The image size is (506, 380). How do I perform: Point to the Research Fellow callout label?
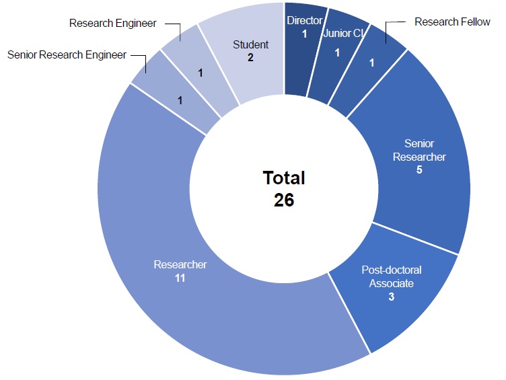click(x=452, y=22)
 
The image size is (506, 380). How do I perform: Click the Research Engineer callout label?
click(x=112, y=24)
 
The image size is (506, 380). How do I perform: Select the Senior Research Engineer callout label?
click(x=67, y=55)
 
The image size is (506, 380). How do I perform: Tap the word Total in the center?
click(x=284, y=178)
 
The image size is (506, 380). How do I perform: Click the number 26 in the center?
click(x=284, y=200)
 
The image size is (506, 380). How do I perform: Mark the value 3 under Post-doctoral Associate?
click(x=391, y=297)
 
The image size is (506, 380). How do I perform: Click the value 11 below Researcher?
click(x=180, y=277)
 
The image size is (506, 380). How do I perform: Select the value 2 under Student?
click(x=250, y=58)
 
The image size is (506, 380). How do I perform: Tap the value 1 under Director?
click(x=304, y=34)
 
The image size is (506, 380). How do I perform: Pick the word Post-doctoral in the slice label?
click(x=392, y=270)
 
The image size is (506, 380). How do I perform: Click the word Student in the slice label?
click(x=250, y=45)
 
